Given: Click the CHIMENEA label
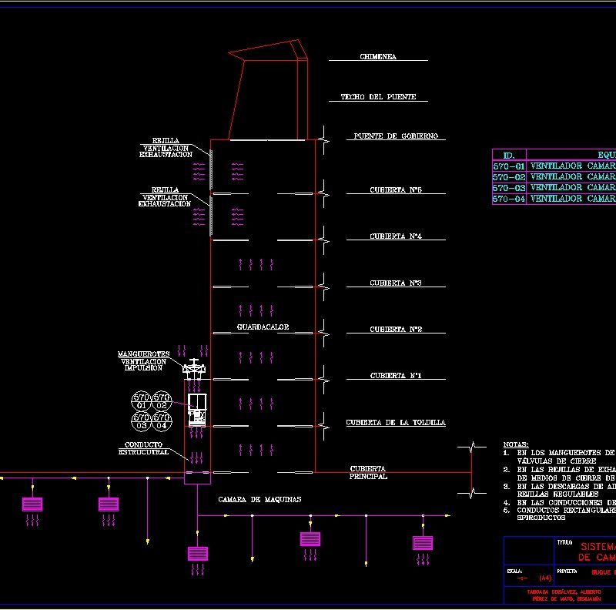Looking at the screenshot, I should tap(378, 57).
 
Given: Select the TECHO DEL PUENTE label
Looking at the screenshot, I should tap(378, 97).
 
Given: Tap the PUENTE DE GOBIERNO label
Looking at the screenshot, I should tap(396, 136).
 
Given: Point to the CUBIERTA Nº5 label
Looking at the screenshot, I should tap(396, 190).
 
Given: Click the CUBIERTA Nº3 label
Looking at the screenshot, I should tap(396, 283).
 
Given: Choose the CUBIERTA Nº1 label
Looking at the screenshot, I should tap(396, 376).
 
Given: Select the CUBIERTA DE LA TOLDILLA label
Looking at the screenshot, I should tap(396, 423).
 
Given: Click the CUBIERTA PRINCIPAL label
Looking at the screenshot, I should tap(369, 473).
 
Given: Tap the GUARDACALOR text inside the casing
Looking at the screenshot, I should tap(263, 327).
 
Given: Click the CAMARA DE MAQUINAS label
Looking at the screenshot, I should tap(259, 500).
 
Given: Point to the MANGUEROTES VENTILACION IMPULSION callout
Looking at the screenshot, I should tap(143, 361).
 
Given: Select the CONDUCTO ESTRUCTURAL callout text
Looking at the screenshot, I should tap(143, 448).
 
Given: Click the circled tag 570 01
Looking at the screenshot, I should tap(142, 401).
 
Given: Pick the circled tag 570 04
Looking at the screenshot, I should tap(161, 421).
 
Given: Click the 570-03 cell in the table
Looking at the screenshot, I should tap(508, 188).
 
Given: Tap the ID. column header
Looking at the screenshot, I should tap(508, 155).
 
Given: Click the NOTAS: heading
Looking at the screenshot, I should tap(515, 445).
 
